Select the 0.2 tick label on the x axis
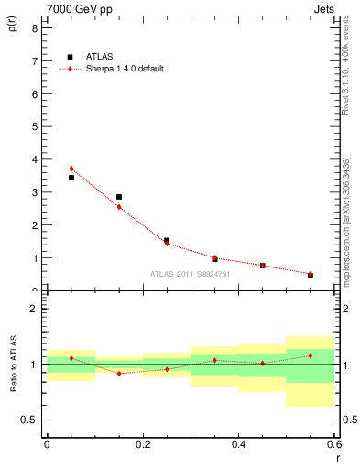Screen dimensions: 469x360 click(x=142, y=444)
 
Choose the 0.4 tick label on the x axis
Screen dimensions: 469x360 click(x=238, y=444)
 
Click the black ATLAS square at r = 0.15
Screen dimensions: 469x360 click(x=119, y=197)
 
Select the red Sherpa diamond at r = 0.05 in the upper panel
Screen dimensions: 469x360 click(x=71, y=169)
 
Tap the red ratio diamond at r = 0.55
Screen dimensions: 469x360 click(x=311, y=355)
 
